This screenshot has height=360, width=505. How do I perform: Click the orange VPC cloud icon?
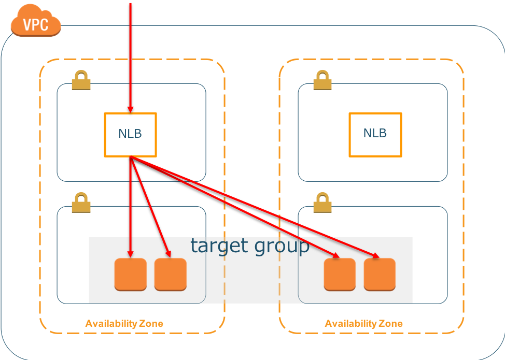(x=35, y=22)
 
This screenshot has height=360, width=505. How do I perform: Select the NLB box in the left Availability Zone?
(x=130, y=134)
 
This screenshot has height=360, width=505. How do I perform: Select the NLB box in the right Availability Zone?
(x=375, y=134)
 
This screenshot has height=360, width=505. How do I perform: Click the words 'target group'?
(x=249, y=246)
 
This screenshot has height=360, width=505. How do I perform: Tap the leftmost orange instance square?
(x=130, y=274)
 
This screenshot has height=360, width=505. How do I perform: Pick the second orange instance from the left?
(x=170, y=274)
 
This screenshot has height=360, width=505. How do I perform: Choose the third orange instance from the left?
(x=340, y=274)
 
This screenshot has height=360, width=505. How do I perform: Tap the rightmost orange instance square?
(x=380, y=274)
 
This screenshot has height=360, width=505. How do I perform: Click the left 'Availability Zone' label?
(x=124, y=324)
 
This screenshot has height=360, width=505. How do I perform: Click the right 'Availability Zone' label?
(x=363, y=324)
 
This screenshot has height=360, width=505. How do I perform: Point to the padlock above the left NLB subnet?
(x=81, y=80)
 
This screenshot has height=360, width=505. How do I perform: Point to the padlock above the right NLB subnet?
(x=322, y=80)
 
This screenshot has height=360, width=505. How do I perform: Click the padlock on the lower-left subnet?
(x=81, y=203)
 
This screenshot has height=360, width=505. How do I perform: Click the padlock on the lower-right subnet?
(x=322, y=203)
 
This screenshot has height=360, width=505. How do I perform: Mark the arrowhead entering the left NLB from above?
(x=130, y=109)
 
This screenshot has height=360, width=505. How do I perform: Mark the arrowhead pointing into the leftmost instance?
(x=130, y=254)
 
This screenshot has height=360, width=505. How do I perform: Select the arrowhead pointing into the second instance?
(x=169, y=253)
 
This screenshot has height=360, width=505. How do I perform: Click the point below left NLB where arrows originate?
(x=131, y=157)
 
